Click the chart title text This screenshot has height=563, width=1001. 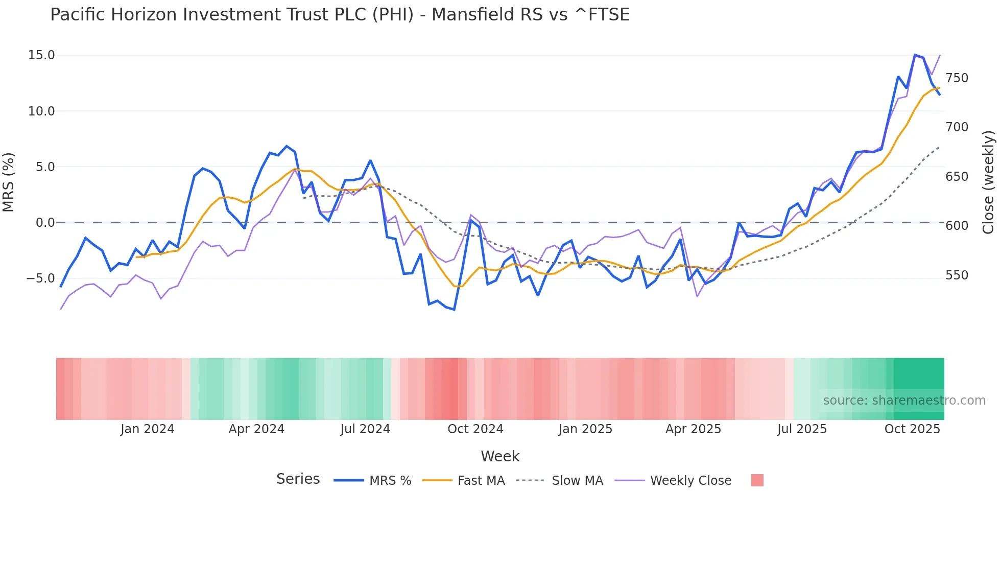click(340, 15)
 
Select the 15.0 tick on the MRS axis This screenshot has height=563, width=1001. click(41, 55)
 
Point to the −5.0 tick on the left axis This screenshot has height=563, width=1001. click(40, 278)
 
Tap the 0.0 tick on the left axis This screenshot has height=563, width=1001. click(45, 223)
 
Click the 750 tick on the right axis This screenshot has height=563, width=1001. click(957, 78)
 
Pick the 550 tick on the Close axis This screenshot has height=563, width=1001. click(957, 275)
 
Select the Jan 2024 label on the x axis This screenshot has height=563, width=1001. click(147, 429)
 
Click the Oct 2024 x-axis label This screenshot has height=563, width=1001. click(475, 429)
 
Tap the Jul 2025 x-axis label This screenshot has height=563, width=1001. click(802, 429)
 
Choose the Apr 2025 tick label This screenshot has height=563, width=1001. click(693, 429)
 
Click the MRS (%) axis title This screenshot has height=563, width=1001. click(9, 182)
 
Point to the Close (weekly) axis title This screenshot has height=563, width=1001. click(988, 182)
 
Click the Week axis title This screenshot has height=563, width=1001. click(500, 456)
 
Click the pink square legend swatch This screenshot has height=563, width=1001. click(757, 480)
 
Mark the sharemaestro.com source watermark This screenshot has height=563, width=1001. click(904, 401)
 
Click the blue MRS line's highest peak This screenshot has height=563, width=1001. click(915, 55)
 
